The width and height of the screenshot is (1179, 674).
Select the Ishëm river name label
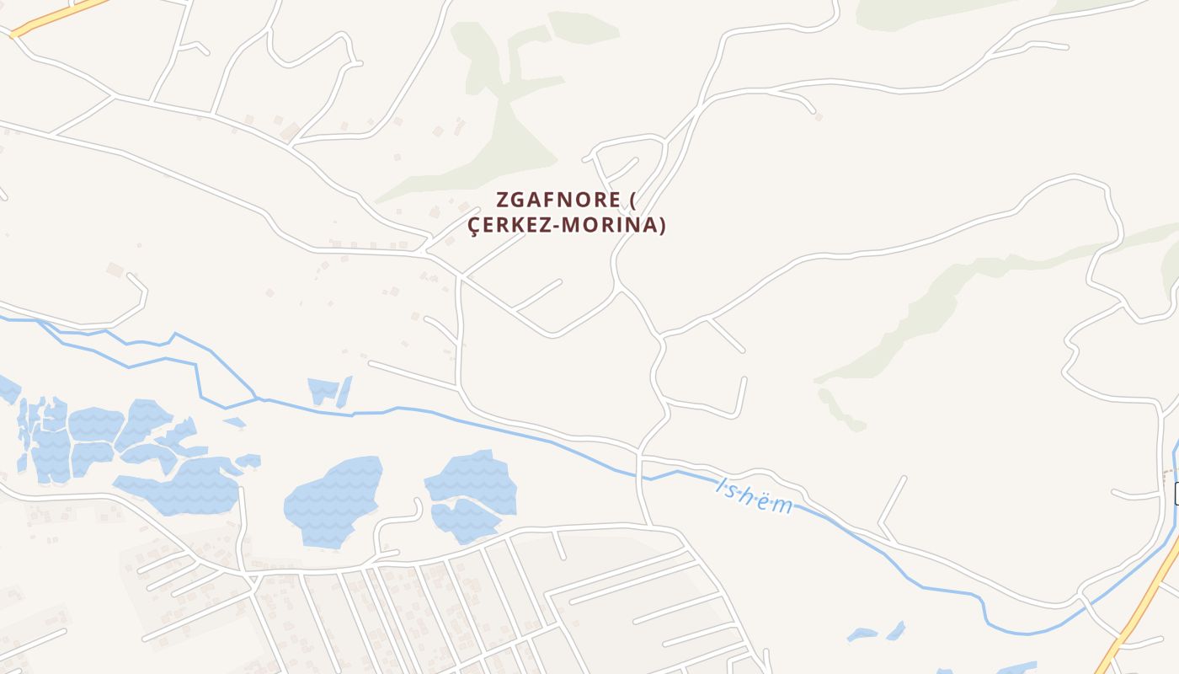pyautogui.click(x=755, y=495)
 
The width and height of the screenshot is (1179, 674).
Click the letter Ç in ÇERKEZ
pyautogui.click(x=474, y=226)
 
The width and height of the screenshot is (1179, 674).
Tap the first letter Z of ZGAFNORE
pyautogui.click(x=503, y=201)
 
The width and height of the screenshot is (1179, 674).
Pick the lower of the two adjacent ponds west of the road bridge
pyautogui.click(x=465, y=521)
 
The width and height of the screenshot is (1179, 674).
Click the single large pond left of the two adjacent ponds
pyautogui.click(x=333, y=501)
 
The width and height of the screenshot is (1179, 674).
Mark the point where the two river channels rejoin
pyautogui.click(x=256, y=398)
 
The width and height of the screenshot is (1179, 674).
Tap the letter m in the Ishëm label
pyautogui.click(x=782, y=505)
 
